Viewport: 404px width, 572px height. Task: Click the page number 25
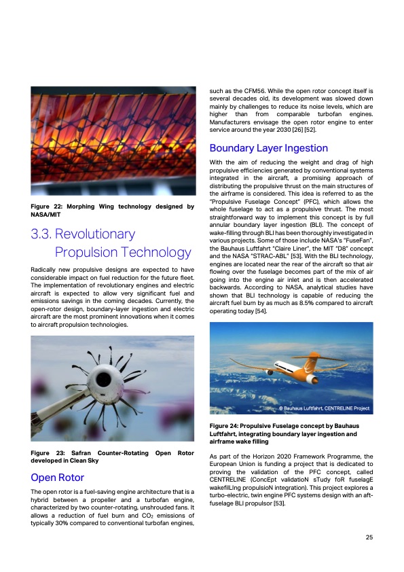click(369, 537)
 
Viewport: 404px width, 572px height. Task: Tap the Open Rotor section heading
click(58, 477)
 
